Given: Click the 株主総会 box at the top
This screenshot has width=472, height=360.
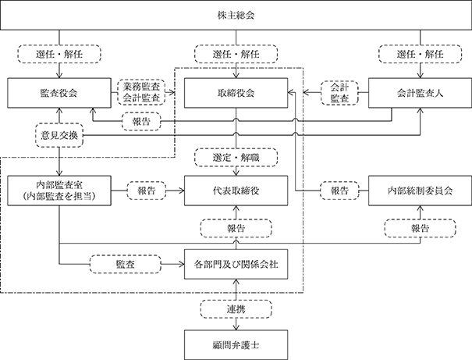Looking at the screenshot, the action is click(236, 15).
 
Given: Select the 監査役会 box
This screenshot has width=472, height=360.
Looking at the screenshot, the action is click(59, 93).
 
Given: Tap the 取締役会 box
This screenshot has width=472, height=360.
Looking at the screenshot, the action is click(236, 93).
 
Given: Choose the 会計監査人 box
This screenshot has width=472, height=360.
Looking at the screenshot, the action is click(421, 93).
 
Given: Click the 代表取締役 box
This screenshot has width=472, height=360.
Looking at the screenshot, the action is click(236, 191).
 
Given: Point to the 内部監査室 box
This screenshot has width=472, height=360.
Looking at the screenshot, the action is click(59, 191).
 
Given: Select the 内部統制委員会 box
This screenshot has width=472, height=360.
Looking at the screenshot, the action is click(421, 191).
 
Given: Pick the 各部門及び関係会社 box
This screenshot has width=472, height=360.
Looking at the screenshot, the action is click(236, 264).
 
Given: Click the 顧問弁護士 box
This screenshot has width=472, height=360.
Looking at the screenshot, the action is click(236, 345).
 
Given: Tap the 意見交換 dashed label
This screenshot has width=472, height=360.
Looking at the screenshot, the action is click(59, 135).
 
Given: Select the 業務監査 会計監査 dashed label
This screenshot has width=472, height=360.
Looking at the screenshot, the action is click(141, 92).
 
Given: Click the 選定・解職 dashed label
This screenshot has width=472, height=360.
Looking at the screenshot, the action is click(236, 157).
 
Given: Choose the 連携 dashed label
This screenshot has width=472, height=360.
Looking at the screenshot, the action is click(236, 309).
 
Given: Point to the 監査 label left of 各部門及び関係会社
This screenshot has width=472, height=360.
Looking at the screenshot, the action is click(126, 264).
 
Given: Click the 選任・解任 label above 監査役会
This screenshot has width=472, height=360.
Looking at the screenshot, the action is click(59, 54).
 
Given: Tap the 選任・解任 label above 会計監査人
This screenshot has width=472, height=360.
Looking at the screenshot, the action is click(421, 54).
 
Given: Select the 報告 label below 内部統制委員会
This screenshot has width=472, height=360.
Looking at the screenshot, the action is click(421, 228).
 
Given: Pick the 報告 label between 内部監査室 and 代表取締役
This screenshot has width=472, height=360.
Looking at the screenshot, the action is click(147, 191).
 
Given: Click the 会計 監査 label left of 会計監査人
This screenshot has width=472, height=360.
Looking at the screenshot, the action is click(339, 93).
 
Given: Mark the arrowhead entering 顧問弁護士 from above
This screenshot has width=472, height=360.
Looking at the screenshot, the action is click(236, 327).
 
